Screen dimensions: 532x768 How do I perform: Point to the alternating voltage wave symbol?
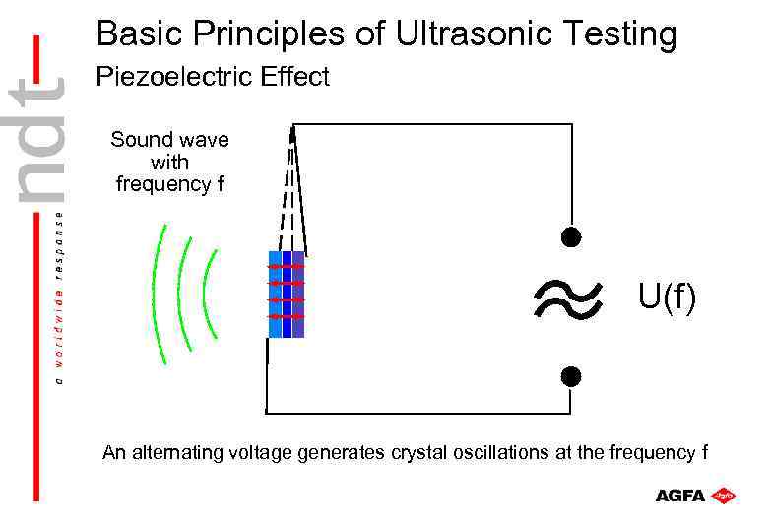(x=566, y=297)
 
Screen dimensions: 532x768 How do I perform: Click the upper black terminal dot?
(x=570, y=237)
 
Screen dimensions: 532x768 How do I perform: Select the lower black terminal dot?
(x=570, y=376)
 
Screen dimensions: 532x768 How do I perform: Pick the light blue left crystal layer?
(x=275, y=295)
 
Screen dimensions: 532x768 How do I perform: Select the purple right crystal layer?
(x=298, y=295)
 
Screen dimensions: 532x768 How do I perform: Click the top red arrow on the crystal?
(x=287, y=267)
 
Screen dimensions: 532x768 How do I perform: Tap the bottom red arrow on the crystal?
(x=287, y=316)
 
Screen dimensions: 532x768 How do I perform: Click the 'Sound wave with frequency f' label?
(x=169, y=162)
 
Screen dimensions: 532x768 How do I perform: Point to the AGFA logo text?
(x=680, y=496)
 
